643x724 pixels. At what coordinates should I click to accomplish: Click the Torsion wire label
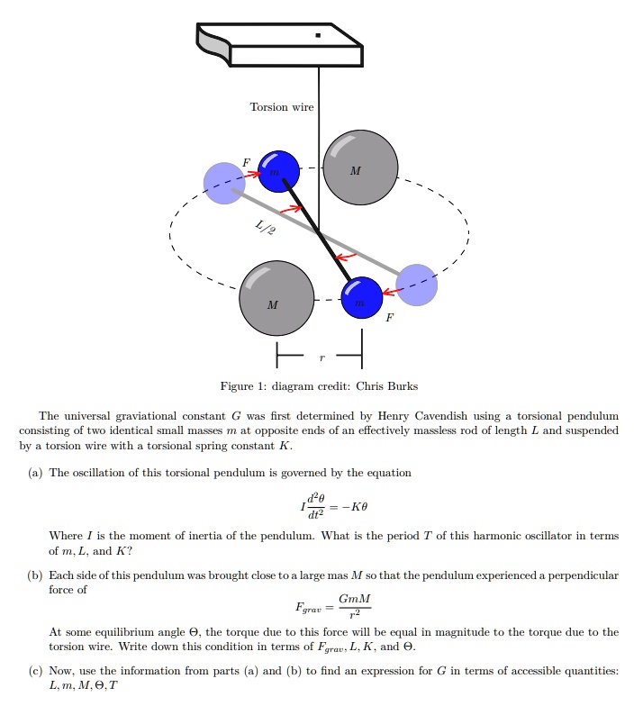pyautogui.click(x=282, y=107)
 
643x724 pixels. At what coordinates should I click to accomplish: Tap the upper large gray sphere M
pyautogui.click(x=359, y=167)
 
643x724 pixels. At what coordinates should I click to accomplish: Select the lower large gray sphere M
pyautogui.click(x=276, y=298)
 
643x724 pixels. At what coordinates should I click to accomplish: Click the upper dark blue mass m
pyautogui.click(x=279, y=170)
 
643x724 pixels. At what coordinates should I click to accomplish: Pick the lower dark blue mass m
pyautogui.click(x=362, y=298)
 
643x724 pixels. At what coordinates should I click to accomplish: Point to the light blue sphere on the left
pyautogui.click(x=223, y=183)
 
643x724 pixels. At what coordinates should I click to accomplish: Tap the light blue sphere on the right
pyautogui.click(x=416, y=285)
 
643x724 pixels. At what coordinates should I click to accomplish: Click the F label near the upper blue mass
pyautogui.click(x=246, y=163)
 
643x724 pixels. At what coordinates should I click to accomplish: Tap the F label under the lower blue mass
pyautogui.click(x=390, y=317)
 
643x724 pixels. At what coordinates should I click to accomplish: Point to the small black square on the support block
pyautogui.click(x=317, y=35)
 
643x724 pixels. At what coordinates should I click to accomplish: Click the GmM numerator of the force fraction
pyautogui.click(x=354, y=600)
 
